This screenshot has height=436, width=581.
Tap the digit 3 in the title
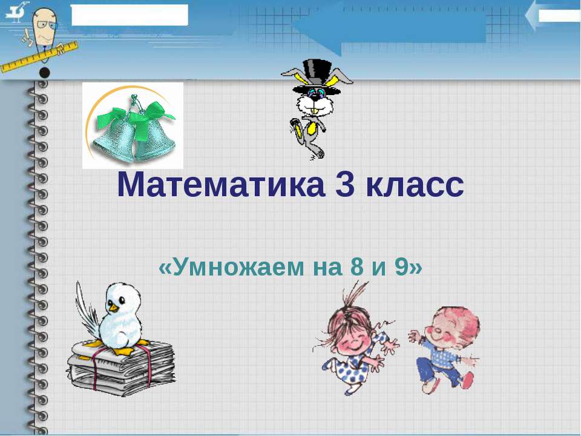pos(346,185)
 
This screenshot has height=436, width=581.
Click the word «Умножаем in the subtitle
pos(232,267)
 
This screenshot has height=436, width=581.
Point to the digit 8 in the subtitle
pos(357,267)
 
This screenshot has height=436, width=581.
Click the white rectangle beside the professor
pos(130,15)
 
